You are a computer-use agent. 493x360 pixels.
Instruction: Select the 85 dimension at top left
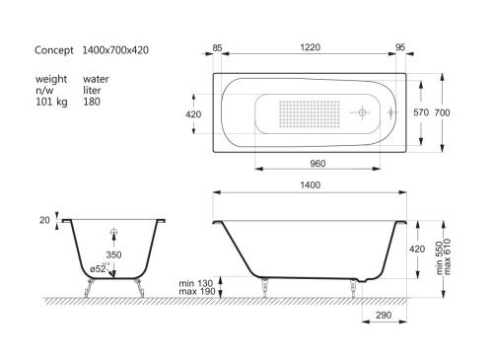[217, 44]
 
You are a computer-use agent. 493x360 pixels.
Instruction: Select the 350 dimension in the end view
[115, 254]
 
